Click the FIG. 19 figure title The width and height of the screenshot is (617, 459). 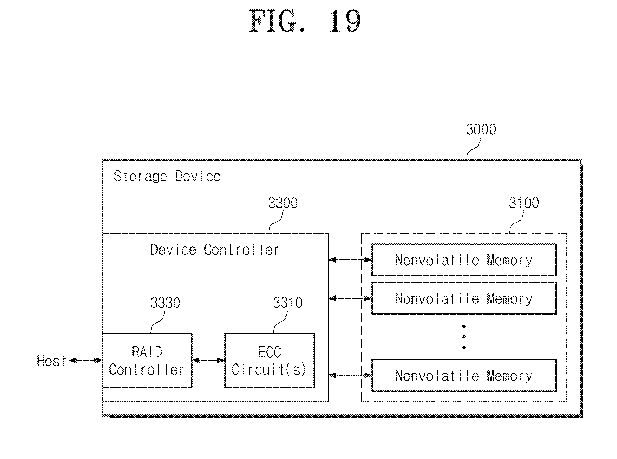click(305, 21)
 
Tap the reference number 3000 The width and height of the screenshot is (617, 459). click(481, 129)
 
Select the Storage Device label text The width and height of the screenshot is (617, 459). click(167, 176)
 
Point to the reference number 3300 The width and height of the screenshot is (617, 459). click(283, 203)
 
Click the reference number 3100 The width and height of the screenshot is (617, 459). click(524, 203)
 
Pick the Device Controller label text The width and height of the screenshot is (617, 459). click(214, 250)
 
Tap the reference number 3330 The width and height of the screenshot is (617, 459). click(165, 302)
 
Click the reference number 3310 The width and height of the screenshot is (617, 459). click(287, 302)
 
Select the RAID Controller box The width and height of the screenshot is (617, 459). click(147, 360)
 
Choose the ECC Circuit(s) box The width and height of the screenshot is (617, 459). click(269, 360)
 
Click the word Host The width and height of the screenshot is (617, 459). click(51, 361)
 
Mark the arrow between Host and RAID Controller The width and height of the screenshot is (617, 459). click(85, 360)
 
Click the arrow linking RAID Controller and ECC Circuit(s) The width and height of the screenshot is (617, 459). click(208, 360)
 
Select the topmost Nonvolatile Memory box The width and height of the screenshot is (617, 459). click(464, 260)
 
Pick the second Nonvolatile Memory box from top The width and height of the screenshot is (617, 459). click(464, 298)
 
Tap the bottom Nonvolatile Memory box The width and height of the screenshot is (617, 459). click(464, 375)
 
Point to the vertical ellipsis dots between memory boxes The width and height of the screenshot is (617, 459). click(464, 337)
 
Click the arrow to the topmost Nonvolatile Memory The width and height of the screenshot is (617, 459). click(350, 260)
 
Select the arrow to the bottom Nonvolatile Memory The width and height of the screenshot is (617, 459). click(350, 375)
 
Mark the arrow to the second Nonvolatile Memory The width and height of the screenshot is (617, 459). click(350, 298)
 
